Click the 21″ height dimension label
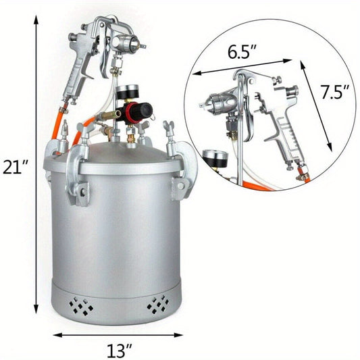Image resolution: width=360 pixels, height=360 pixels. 16,167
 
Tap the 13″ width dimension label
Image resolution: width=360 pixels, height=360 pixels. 119,350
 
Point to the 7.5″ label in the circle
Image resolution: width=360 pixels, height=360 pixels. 335,92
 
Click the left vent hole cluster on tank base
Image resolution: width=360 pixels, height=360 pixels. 81,305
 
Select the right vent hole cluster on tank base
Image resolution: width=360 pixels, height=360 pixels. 159,305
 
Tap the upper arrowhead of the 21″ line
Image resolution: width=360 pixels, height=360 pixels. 36,20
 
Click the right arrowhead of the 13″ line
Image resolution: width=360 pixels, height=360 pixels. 178,335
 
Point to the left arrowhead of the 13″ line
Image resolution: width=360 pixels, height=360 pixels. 58,335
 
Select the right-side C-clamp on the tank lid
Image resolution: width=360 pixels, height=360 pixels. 183,165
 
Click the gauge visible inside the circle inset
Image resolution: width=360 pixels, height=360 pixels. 215,159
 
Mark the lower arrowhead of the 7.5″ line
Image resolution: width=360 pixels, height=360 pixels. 330,147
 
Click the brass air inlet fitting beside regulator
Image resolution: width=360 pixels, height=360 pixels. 109,115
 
